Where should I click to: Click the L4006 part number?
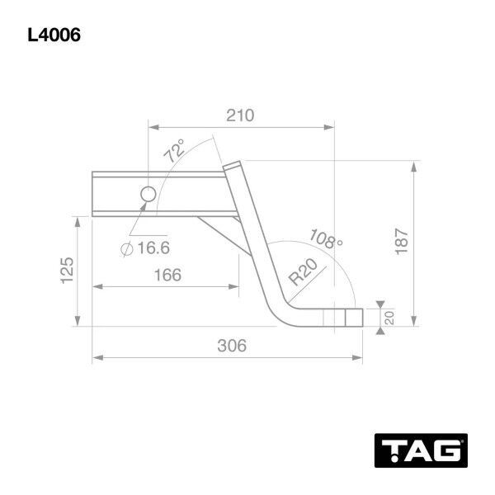[54, 35]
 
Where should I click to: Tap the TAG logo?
[421, 450]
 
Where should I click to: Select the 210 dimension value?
[240, 115]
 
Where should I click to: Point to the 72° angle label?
[175, 151]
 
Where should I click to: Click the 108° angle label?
[326, 239]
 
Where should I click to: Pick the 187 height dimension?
[402, 242]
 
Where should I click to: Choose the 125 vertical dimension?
[68, 271]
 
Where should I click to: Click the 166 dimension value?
[167, 275]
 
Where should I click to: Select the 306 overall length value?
[232, 346]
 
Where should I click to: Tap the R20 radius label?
[303, 271]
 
